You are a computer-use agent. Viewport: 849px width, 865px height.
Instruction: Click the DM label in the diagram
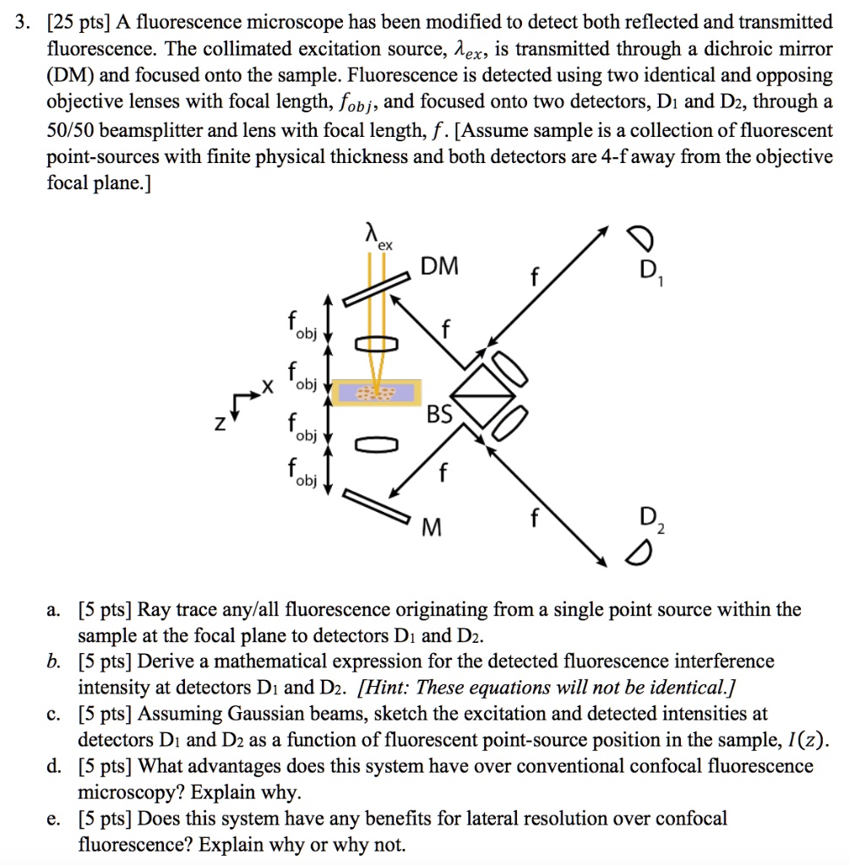click(x=441, y=267)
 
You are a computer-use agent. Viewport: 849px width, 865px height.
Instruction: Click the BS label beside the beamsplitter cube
click(x=440, y=415)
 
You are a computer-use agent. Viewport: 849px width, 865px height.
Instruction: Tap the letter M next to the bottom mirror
click(x=432, y=528)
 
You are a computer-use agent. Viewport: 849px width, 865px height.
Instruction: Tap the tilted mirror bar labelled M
click(x=377, y=504)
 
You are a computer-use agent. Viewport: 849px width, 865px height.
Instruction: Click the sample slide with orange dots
click(x=376, y=393)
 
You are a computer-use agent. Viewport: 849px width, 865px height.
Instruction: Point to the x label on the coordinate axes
click(x=268, y=387)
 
